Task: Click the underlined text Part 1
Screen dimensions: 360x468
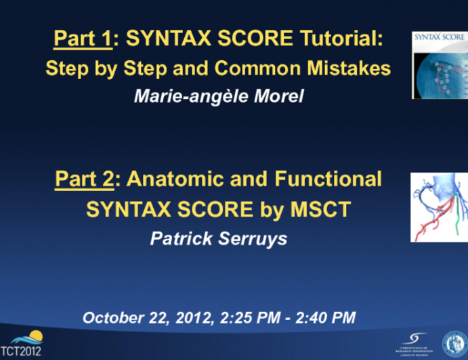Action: click(x=82, y=39)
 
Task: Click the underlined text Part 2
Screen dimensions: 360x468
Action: click(x=83, y=179)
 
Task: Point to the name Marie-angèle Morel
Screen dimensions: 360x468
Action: click(x=218, y=97)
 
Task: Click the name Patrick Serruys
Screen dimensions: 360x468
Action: click(x=218, y=239)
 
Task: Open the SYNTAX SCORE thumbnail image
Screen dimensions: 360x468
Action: click(x=440, y=65)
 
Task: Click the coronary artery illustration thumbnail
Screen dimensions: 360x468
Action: click(x=440, y=207)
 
